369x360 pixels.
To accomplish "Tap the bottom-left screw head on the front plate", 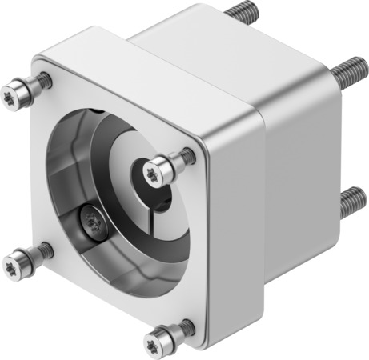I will pyautogui.click(x=17, y=262).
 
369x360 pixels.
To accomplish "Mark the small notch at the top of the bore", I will pyautogui.click(x=94, y=110).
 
